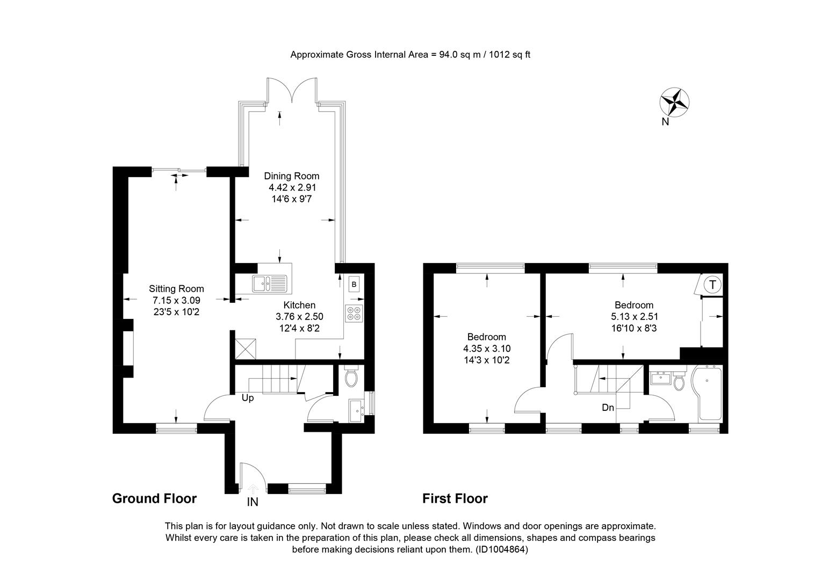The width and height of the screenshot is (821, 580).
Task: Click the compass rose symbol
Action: coord(674,103)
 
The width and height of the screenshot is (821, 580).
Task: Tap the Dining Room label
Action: coord(292,176)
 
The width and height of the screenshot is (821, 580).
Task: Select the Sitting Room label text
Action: coord(176,289)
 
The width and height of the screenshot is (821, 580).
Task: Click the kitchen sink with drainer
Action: coord(270,284)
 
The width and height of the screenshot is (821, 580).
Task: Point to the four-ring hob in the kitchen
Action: coord(354,313)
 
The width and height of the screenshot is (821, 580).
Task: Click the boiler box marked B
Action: coord(354,284)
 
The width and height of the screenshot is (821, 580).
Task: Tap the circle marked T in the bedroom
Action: coord(712,285)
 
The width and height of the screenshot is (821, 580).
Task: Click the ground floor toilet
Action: coord(351,376)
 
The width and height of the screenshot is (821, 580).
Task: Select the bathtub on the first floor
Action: coord(707,393)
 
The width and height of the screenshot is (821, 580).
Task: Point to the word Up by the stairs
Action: coord(248,398)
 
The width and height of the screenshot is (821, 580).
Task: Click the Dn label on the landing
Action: coord(608,408)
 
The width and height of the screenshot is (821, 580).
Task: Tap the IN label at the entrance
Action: coord(253,502)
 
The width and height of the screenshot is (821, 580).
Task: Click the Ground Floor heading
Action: coord(154,499)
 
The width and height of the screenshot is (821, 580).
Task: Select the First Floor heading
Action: coord(455,499)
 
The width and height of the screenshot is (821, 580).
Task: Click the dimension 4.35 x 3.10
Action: coord(487,349)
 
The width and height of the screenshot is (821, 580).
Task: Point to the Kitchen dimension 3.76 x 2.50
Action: coord(299,316)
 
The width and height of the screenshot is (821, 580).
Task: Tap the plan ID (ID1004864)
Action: coord(502,549)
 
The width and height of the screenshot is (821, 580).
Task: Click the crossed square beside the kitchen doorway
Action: coord(245,349)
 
